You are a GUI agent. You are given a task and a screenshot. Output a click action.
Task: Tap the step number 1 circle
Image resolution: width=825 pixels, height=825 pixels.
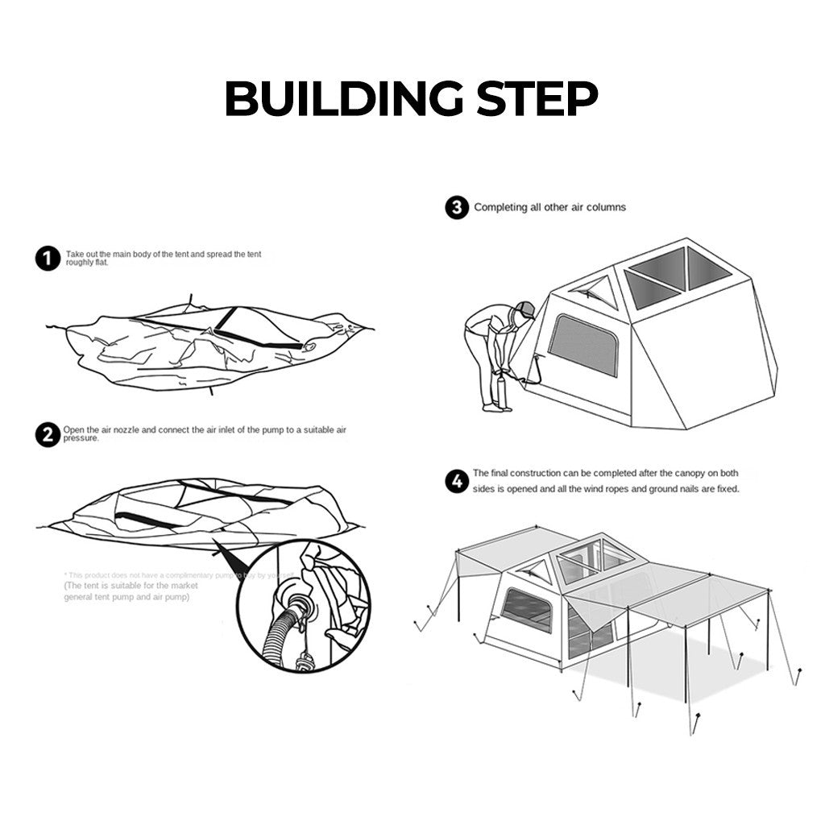48,259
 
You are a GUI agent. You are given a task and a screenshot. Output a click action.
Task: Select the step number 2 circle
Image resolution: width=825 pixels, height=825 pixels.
48,435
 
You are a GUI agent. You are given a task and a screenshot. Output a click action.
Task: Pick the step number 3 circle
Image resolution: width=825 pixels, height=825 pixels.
457,208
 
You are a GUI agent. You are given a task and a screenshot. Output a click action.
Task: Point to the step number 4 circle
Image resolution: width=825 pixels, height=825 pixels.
457,482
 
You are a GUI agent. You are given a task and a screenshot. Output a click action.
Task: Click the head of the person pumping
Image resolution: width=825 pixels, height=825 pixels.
524,310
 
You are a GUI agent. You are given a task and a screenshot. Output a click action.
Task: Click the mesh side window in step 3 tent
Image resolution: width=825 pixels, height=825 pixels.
582,344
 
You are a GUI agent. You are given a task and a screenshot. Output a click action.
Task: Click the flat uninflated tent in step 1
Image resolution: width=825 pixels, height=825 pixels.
209,342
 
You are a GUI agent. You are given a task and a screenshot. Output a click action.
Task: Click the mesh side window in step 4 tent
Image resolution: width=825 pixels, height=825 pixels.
529,609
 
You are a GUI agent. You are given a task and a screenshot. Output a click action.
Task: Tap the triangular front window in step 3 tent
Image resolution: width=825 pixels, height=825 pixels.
595,292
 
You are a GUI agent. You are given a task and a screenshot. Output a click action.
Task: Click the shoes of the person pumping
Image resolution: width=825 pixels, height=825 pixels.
496,408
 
